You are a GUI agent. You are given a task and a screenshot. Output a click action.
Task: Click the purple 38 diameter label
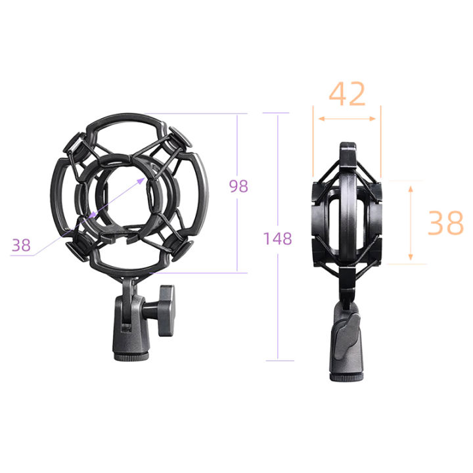click(21, 246)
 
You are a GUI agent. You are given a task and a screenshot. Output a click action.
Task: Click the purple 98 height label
click(238, 186)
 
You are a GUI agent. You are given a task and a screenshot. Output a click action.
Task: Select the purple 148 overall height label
click(278, 238)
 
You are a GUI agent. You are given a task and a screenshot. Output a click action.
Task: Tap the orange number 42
click(348, 95)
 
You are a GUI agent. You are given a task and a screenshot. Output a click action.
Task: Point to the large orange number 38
click(445, 223)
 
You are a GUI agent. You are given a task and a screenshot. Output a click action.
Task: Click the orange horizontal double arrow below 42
click(348, 119)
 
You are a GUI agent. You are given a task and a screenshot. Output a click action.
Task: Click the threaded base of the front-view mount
click(133, 355)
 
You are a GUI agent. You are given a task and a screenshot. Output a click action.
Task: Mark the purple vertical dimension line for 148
click(277, 296)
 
